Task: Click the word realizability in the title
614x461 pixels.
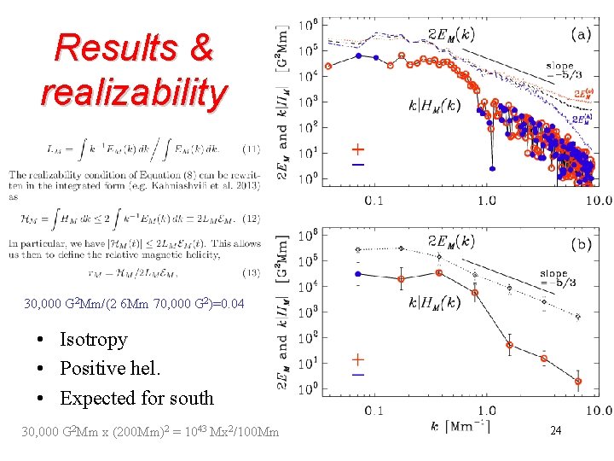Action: [134, 91]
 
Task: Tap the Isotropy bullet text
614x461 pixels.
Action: [93, 340]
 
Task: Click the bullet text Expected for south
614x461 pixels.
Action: [136, 398]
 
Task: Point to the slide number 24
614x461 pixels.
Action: [555, 431]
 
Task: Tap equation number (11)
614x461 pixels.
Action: [250, 149]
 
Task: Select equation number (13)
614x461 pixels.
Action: [250, 273]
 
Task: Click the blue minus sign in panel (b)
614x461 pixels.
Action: [358, 374]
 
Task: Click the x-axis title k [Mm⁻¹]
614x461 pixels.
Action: [460, 426]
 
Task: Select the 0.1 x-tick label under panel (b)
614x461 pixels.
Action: [374, 411]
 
